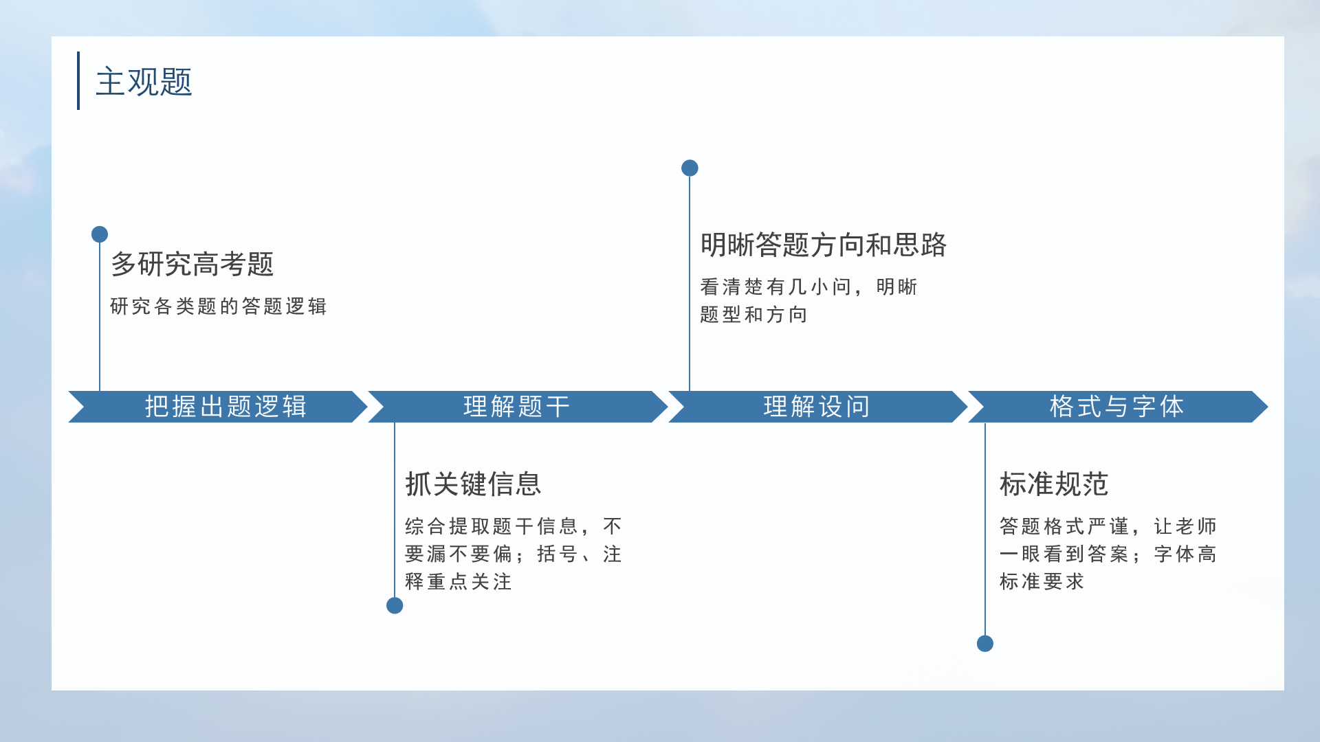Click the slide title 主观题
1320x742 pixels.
tap(144, 82)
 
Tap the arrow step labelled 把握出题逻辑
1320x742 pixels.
tap(219, 407)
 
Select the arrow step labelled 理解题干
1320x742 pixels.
tap(518, 407)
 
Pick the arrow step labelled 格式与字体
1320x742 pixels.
tap(1118, 407)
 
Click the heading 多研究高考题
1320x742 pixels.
tap(192, 265)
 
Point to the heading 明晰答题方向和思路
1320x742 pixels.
tap(824, 245)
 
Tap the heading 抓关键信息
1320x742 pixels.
tap(473, 484)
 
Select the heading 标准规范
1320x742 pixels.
tap(1054, 484)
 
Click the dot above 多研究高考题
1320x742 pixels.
tap(100, 234)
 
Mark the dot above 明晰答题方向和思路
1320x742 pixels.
tap(690, 168)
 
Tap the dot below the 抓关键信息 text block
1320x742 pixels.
tap(395, 605)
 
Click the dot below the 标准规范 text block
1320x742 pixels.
tap(985, 644)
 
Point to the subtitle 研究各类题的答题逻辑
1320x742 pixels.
tap(219, 306)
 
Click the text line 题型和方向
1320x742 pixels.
tap(753, 315)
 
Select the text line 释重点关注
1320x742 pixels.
tap(459, 582)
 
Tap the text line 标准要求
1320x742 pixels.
tap(1042, 582)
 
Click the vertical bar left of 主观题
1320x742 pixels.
tap(78, 80)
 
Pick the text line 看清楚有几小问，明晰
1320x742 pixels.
tap(809, 287)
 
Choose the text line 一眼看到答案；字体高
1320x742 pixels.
tap(1108, 554)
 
